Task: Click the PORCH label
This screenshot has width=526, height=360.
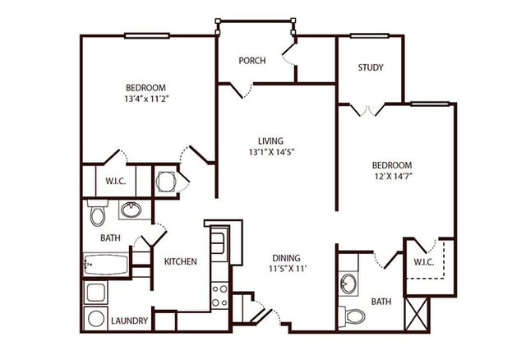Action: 251,61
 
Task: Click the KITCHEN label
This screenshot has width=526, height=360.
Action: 180,262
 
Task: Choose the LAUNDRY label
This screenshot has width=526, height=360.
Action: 128,321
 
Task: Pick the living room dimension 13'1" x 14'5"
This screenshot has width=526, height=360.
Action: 270,151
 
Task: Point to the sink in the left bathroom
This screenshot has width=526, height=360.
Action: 131,210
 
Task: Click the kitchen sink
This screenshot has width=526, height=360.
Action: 218,242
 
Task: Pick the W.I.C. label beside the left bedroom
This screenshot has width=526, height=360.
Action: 115,181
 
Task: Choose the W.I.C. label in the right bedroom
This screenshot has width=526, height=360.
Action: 423,262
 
